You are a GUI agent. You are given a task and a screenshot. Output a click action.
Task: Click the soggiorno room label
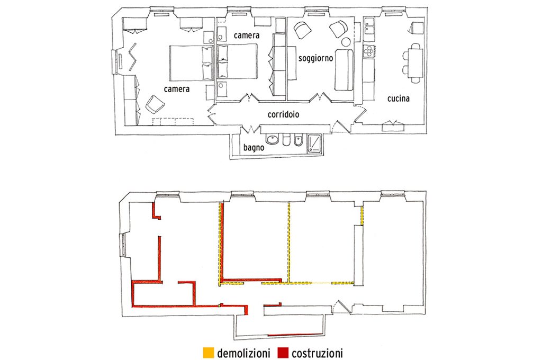[x=315, y=58]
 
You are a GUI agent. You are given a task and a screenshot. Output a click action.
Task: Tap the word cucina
[x=398, y=98]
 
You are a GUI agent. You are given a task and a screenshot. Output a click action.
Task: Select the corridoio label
[x=284, y=114]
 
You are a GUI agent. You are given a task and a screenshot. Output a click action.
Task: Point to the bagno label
[x=254, y=148]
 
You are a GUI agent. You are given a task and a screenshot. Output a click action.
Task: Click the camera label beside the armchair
[x=177, y=89]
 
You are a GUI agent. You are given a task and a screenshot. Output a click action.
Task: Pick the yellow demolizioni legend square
[x=209, y=353]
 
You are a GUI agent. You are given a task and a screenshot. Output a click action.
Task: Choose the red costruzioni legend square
[x=283, y=353]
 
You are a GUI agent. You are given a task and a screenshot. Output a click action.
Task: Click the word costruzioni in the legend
[x=317, y=354]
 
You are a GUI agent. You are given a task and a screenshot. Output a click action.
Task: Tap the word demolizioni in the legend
[x=243, y=354]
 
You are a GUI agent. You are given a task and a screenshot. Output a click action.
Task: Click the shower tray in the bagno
[x=314, y=143]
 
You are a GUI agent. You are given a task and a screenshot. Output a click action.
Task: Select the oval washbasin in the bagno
[x=273, y=140]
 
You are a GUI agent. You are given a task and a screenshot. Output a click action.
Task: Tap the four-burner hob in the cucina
[x=369, y=50]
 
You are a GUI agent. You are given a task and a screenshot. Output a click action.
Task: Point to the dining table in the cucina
[x=415, y=62]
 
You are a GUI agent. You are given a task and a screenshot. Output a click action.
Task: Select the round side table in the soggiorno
[x=346, y=42]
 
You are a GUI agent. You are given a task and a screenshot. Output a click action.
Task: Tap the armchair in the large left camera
[x=155, y=104]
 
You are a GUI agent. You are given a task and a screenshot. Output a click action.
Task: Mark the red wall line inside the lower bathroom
[x=295, y=335]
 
